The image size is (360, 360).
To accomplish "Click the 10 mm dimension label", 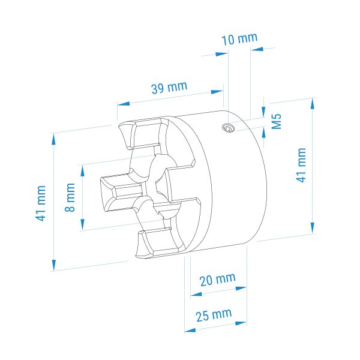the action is point(239,39).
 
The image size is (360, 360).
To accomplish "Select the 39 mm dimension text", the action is point(169,87).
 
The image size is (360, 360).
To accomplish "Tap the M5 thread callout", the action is point(277,121).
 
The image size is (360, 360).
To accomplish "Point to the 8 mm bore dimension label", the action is point(70,197).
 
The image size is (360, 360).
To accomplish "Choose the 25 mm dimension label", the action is point(214,315).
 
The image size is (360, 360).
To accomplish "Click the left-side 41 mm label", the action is point(41,203).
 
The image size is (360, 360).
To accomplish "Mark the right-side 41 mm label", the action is point(301,166).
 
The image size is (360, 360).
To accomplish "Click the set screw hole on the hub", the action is point(227,128).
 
